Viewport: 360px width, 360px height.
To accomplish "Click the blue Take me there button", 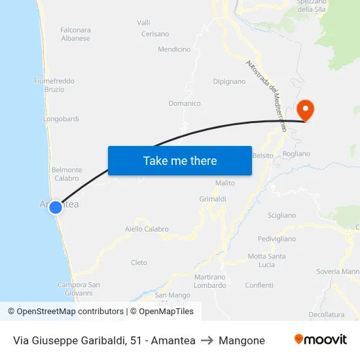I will click(179, 160).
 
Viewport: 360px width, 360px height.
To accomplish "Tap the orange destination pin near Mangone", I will click(305, 109).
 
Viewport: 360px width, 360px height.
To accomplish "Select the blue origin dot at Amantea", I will click(56, 207).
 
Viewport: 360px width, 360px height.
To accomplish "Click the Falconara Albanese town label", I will click(75, 34).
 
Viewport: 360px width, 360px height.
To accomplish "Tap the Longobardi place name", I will click(61, 119).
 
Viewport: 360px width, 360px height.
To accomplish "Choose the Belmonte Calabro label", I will click(67, 173).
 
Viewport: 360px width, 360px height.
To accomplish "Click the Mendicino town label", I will click(174, 49).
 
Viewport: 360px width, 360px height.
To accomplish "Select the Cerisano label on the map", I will click(155, 34).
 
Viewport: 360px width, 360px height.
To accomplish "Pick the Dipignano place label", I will click(229, 82).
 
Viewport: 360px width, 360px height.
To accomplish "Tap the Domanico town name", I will click(185, 103).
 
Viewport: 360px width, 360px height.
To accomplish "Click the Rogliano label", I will click(296, 154).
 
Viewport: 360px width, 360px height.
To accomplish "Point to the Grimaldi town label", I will click(213, 198).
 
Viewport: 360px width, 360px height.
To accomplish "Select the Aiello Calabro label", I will click(147, 229).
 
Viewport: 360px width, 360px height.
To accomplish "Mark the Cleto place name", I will click(139, 262).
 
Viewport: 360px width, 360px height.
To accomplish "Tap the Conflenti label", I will click(259, 285).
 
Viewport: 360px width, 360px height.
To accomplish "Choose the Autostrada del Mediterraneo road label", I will click(266, 96).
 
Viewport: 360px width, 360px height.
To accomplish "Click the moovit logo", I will click(320, 339).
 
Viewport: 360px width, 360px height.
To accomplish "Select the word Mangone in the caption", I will click(242, 340).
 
